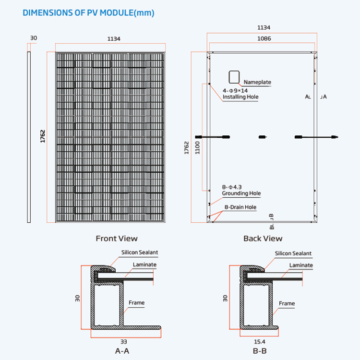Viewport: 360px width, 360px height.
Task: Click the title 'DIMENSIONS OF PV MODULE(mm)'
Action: (x=88, y=13)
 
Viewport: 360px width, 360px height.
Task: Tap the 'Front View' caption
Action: (x=117, y=239)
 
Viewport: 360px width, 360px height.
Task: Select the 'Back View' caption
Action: (x=263, y=239)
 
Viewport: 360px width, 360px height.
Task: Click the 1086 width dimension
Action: (x=264, y=38)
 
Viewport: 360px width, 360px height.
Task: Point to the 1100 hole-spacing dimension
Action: (x=197, y=148)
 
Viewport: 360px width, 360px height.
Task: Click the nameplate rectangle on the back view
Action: (x=234, y=77)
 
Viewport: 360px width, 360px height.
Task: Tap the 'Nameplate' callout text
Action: (x=257, y=82)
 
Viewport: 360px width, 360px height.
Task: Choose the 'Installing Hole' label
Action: (x=240, y=97)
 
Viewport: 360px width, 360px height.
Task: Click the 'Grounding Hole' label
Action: (x=241, y=193)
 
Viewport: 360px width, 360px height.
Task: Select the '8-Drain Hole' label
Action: (x=240, y=207)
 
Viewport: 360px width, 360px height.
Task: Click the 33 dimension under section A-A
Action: (x=124, y=342)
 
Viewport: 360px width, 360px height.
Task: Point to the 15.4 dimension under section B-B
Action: (x=259, y=342)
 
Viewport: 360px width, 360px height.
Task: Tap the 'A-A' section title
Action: (x=122, y=351)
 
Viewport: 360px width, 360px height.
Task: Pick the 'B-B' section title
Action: (x=260, y=351)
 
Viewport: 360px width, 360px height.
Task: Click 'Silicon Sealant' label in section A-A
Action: (x=140, y=252)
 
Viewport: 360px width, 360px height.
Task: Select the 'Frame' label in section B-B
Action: (x=287, y=303)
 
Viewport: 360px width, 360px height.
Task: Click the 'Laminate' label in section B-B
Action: (x=301, y=265)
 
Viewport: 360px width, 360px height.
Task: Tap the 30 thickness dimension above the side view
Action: (x=34, y=38)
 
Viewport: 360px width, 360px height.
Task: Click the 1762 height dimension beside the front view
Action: (x=43, y=136)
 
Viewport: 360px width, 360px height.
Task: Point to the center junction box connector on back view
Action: (x=263, y=137)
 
